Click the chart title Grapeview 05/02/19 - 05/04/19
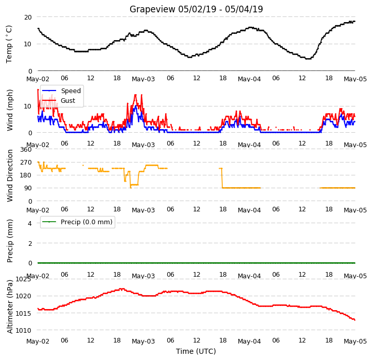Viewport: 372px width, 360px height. (x=196, y=9)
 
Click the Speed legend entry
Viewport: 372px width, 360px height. (x=61, y=91)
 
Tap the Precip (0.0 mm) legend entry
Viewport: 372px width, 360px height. (x=77, y=222)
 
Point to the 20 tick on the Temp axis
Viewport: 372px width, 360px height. (x=28, y=17)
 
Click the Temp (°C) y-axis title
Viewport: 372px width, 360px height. (x=9, y=44)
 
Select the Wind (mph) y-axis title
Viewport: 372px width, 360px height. (x=10, y=110)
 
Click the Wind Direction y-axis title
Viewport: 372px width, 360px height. (x=10, y=176)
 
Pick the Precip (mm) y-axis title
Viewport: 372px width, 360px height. (x=10, y=241)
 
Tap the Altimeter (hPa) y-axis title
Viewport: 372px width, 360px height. (x=10, y=307)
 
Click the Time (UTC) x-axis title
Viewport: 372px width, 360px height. (x=196, y=351)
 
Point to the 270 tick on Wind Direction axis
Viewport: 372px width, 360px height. (x=26, y=163)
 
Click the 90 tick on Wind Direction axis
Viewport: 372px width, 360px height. (x=28, y=188)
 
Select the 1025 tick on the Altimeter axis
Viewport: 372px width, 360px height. (x=23, y=279)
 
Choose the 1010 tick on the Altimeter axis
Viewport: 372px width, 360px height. (x=23, y=330)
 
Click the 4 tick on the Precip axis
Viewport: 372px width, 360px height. (x=30, y=223)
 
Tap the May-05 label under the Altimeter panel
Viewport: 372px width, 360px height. (x=355, y=341)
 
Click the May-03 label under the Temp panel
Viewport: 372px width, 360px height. (x=144, y=79)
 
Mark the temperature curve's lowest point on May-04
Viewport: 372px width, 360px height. (x=308, y=59)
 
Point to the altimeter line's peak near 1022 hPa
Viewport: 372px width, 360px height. (x=122, y=289)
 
